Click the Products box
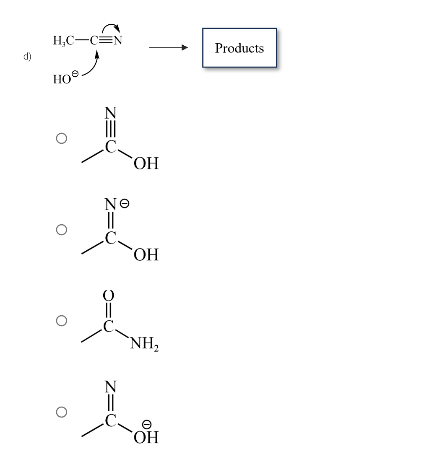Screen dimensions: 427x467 240,48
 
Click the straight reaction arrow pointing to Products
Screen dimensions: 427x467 168,48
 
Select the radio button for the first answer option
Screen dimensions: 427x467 62,138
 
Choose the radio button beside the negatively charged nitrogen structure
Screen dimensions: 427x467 62,229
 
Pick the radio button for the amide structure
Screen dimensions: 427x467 62,321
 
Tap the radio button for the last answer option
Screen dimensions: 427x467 62,412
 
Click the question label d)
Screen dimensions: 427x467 27,57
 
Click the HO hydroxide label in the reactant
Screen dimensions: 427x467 62,80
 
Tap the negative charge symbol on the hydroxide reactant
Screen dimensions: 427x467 75,74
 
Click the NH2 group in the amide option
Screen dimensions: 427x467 144,345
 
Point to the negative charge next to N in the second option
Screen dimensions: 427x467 125,203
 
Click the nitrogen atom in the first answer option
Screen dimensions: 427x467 110,113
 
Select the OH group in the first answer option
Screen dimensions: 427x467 146,163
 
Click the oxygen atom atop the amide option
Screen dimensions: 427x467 109,295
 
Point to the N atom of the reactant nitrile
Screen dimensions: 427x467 118,41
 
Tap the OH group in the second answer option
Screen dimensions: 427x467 146,254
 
